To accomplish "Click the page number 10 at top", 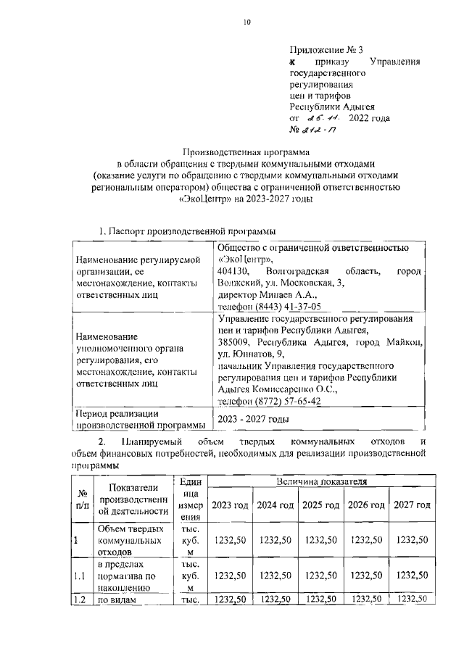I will tap(246, 22).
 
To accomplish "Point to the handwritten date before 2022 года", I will tap(320, 117).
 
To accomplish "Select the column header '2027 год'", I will tap(412, 505).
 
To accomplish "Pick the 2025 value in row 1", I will tap(321, 540).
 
